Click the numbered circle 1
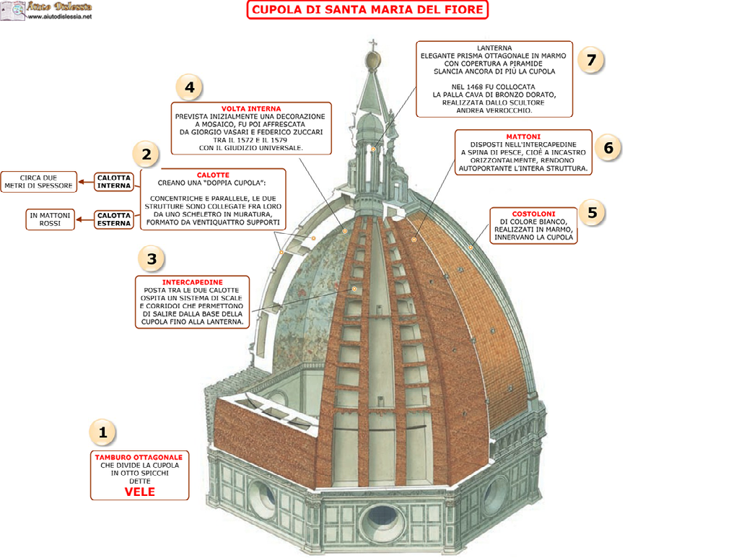[102, 432]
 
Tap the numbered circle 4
[189, 87]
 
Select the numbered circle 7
[591, 60]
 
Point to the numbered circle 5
[592, 212]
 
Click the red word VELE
[140, 492]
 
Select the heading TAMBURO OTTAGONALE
[139, 457]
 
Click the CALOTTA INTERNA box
[114, 181]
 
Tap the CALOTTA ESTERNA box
[114, 219]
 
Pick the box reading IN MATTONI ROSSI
[50, 219]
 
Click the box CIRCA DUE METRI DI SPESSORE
[38, 182]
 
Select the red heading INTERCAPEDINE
[192, 282]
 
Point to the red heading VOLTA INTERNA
[251, 108]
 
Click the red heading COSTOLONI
[533, 214]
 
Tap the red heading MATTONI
[523, 136]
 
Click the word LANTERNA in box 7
[494, 47]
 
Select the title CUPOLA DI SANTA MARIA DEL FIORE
[367, 10]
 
